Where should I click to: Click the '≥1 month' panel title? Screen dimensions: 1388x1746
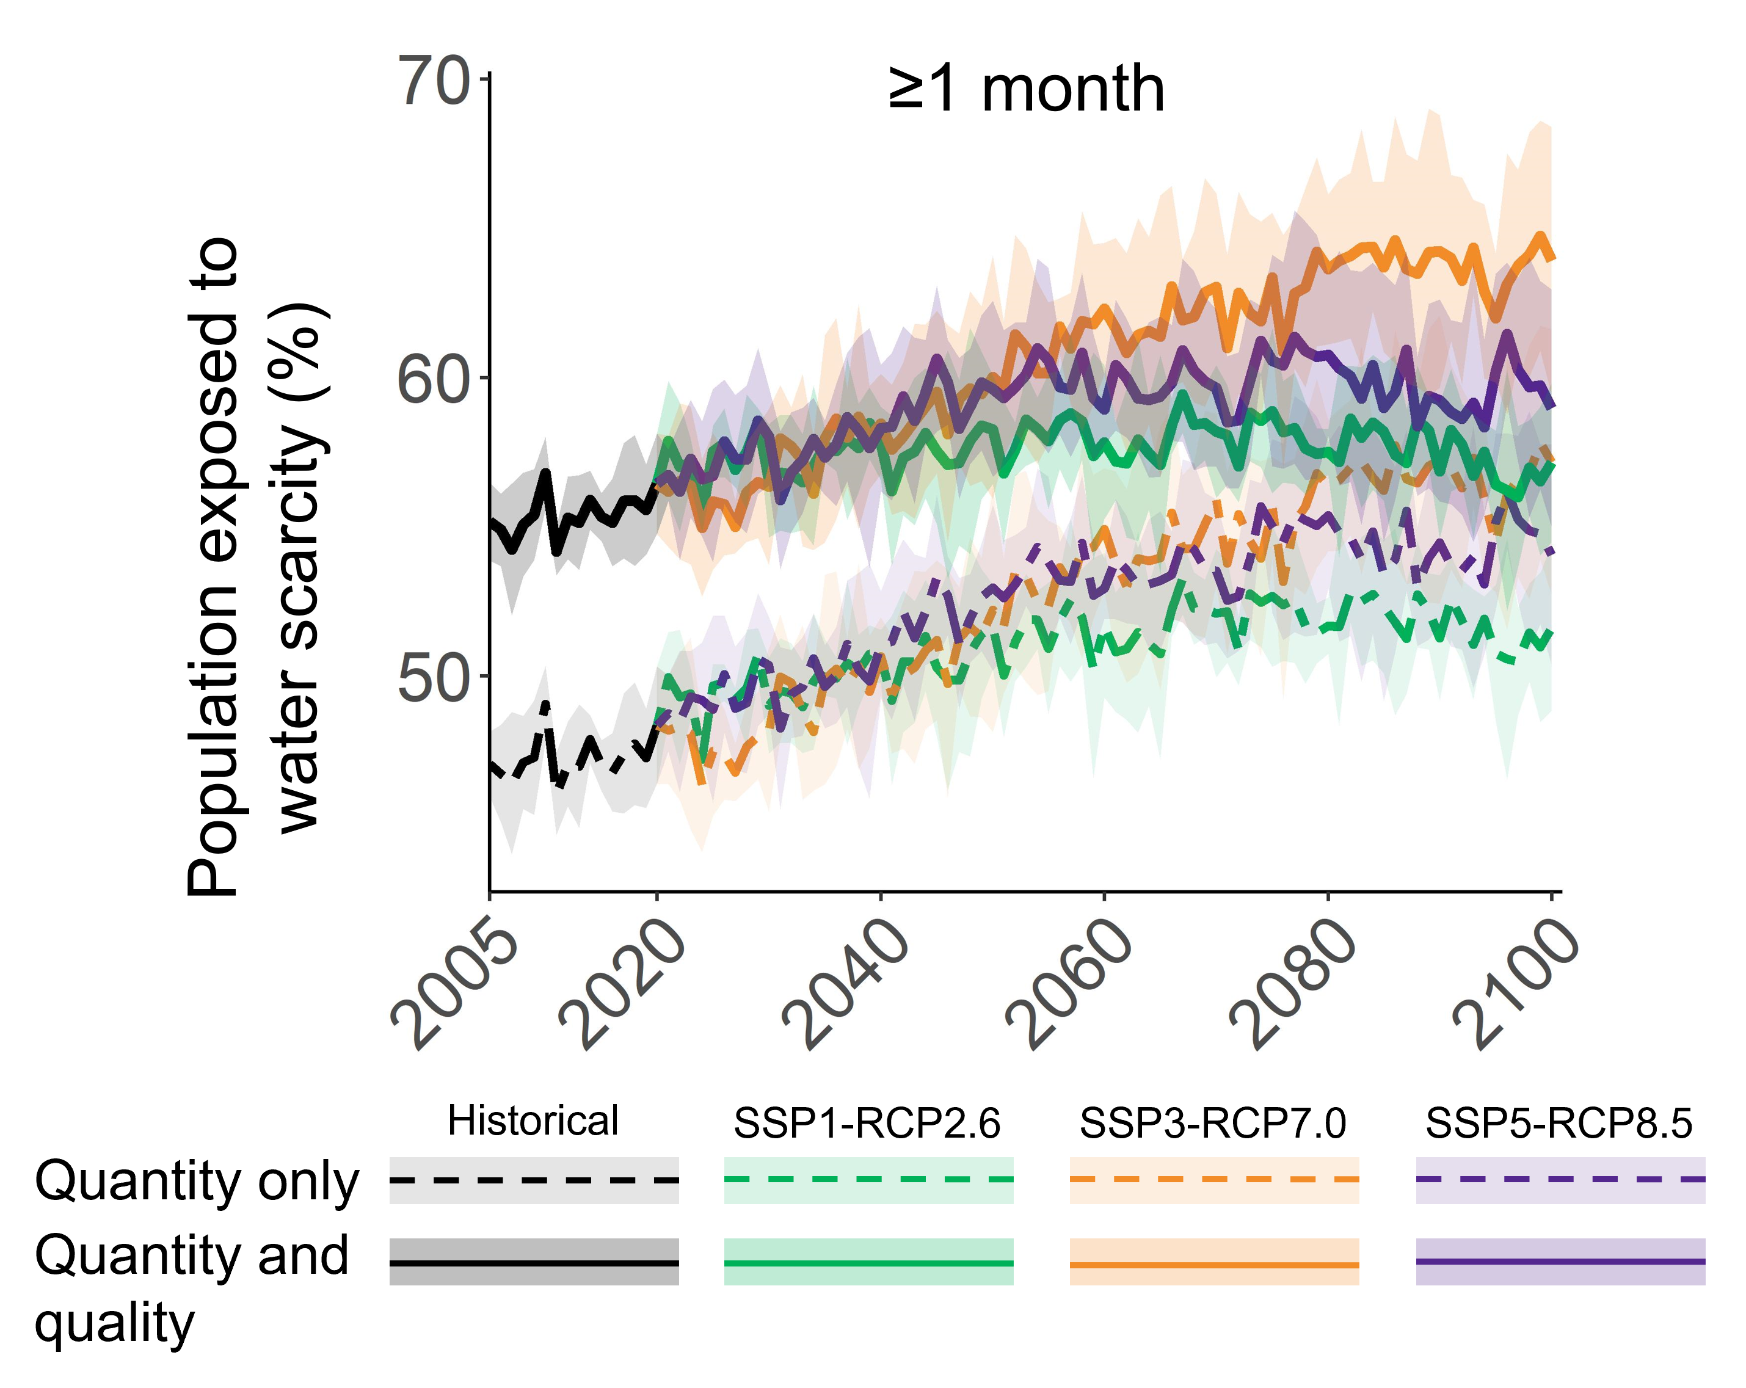pyautogui.click(x=1026, y=89)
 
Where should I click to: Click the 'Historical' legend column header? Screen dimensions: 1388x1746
pyautogui.click(x=533, y=1122)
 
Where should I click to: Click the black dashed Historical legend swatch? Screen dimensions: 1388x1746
pyautogui.click(x=534, y=1180)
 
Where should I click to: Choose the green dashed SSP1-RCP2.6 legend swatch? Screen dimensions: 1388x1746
pyautogui.click(x=868, y=1180)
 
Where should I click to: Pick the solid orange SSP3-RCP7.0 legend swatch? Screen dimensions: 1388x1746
pyautogui.click(x=1214, y=1264)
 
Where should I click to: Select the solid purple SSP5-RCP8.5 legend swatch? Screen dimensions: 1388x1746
pyautogui.click(x=1560, y=1262)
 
